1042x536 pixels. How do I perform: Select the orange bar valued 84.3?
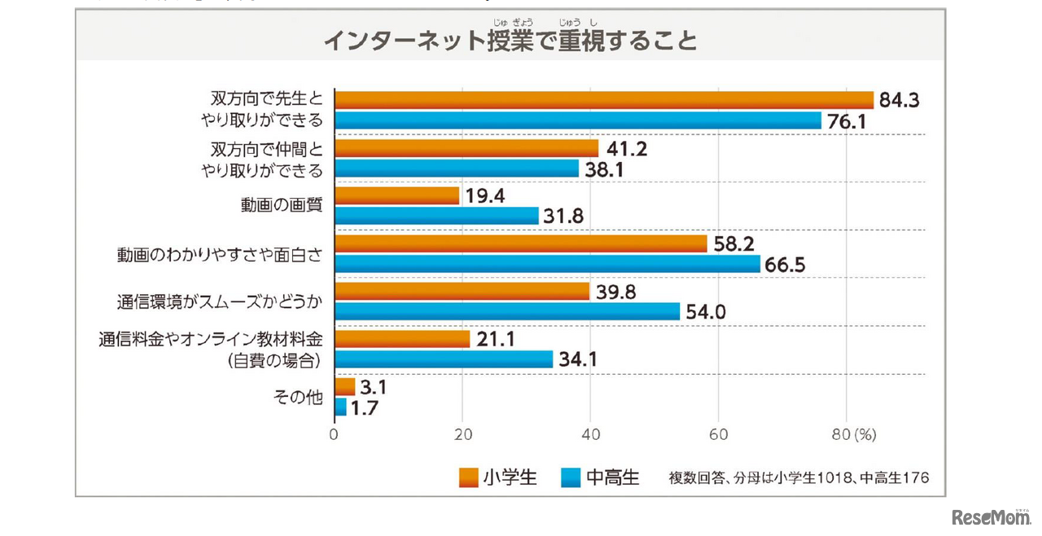pyautogui.click(x=603, y=99)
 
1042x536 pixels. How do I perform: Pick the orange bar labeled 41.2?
pyautogui.click(x=466, y=148)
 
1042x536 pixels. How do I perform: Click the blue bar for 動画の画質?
pyautogui.click(x=436, y=216)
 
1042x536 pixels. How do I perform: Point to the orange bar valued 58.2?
pyautogui.click(x=521, y=244)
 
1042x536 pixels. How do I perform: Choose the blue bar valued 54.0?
pyautogui.click(x=507, y=311)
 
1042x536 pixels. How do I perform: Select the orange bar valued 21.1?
pyautogui.click(x=402, y=339)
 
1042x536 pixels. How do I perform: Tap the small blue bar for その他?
pyautogui.click(x=340, y=406)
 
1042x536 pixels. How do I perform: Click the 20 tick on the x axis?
pyautogui.click(x=462, y=435)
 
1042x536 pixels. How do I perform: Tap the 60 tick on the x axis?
pyautogui.click(x=718, y=435)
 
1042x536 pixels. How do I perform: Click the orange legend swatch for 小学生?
pyautogui.click(x=468, y=477)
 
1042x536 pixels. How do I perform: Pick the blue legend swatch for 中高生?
pyautogui.click(x=572, y=477)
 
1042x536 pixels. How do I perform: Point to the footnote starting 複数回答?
pyautogui.click(x=799, y=478)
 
